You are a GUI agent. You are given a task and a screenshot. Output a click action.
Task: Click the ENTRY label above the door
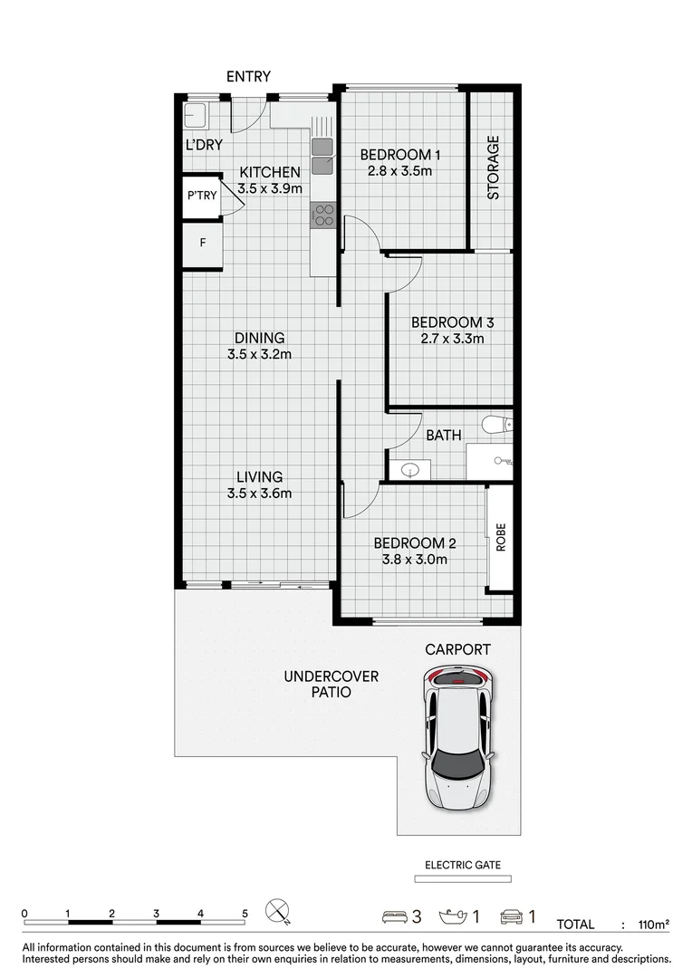tap(248, 77)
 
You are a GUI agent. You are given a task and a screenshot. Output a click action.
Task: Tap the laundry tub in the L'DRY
tap(196, 116)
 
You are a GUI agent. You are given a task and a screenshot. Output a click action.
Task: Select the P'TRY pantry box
tap(202, 196)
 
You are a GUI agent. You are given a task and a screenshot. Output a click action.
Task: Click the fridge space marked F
tap(202, 243)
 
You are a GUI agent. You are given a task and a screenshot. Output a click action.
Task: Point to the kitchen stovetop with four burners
tap(323, 215)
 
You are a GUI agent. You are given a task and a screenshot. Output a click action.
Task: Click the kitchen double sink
tap(322, 156)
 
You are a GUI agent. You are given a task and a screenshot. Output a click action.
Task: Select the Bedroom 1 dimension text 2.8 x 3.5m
tap(399, 170)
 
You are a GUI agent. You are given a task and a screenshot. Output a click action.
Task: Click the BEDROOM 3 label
tap(452, 322)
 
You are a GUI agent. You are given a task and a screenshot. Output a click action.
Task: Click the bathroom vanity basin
tap(409, 469)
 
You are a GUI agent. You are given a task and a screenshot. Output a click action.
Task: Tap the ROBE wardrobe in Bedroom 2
tap(500, 538)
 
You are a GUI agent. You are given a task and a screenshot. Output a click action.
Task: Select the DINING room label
tap(259, 338)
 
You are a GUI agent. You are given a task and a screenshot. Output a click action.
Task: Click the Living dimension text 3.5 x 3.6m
tap(259, 494)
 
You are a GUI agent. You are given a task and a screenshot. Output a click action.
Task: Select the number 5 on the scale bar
tap(244, 913)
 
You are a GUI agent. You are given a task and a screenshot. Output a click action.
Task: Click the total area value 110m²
tap(654, 925)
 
